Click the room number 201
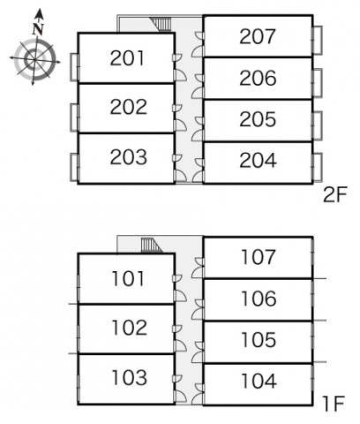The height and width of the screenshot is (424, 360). (128, 58)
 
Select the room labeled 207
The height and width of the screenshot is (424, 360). (258, 36)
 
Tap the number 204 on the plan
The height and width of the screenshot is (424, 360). (258, 161)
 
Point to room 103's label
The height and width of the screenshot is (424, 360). (130, 378)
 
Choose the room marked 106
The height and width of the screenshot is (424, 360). (259, 299)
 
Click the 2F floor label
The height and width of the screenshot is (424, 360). (335, 195)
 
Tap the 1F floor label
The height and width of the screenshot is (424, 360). (334, 404)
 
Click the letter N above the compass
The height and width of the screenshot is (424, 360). (38, 29)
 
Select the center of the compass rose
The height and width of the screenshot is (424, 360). (34, 59)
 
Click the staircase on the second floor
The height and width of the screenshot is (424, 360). (161, 24)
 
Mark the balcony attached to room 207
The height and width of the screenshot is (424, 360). (318, 41)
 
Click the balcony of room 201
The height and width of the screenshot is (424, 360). (74, 67)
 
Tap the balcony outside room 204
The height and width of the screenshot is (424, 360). (318, 167)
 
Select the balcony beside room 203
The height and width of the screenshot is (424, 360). (74, 167)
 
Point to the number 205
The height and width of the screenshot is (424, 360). (258, 119)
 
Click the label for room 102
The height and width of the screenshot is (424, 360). (130, 328)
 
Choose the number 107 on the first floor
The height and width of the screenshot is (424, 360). (259, 257)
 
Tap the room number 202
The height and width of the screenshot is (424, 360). (129, 107)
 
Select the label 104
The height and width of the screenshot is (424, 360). (259, 381)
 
